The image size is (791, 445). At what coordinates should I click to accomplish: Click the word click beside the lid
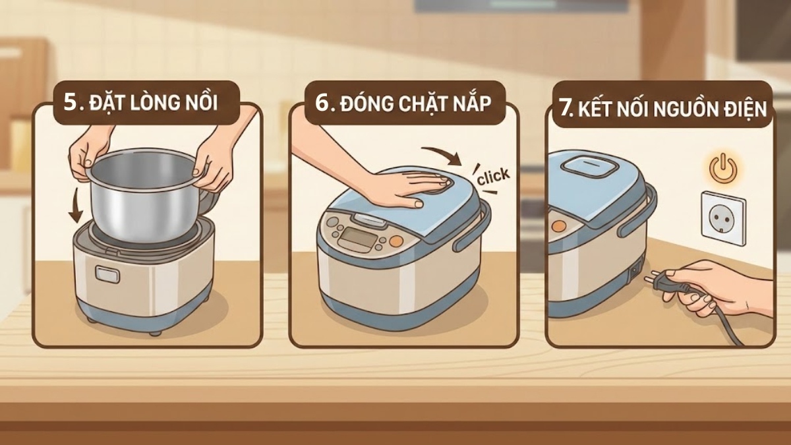click(492, 175)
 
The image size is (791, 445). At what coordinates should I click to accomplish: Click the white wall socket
click(723, 218)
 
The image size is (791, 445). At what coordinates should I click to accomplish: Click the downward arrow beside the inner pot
click(76, 206)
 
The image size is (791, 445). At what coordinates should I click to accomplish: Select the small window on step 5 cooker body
click(107, 273)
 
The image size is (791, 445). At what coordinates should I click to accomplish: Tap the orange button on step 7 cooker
click(558, 226)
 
